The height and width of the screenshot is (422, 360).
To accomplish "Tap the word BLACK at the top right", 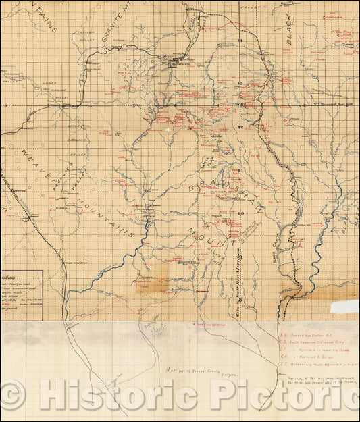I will point(292,32).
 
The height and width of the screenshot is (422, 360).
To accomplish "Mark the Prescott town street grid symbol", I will point(178,63).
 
